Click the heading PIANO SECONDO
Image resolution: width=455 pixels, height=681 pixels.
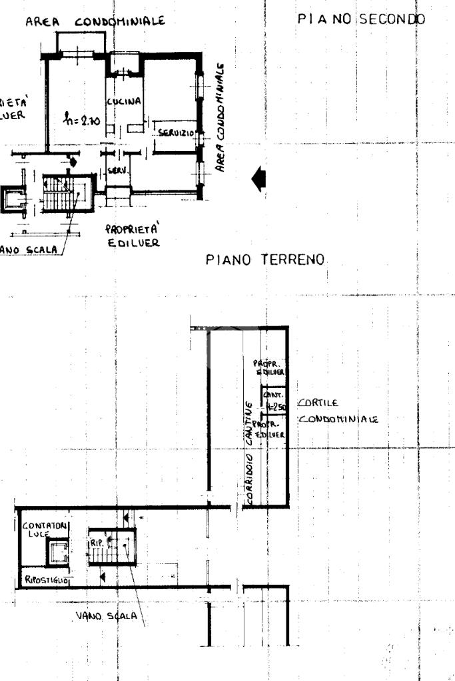click(361, 19)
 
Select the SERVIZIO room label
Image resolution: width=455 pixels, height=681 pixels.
click(175, 133)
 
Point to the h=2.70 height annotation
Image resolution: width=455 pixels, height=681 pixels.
click(80, 120)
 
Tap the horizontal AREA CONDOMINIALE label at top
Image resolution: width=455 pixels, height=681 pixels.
click(95, 22)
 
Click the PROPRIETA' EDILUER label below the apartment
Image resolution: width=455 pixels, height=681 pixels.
click(133, 236)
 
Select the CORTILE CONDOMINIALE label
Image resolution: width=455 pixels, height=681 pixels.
click(337, 411)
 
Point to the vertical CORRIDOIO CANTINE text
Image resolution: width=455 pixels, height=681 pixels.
click(248, 452)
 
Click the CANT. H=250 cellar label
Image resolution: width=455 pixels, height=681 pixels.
click(275, 399)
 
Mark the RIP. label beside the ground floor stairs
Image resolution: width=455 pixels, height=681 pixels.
click(95, 542)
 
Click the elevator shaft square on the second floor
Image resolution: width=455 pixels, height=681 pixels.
click(12, 198)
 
